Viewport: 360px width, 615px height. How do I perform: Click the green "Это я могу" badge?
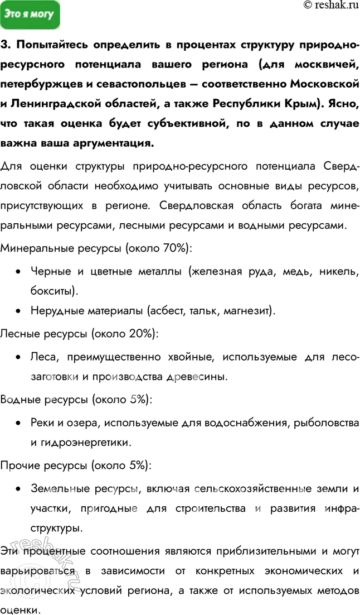coord(29,15)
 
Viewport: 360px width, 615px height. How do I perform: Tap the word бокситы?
coord(55,291)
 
